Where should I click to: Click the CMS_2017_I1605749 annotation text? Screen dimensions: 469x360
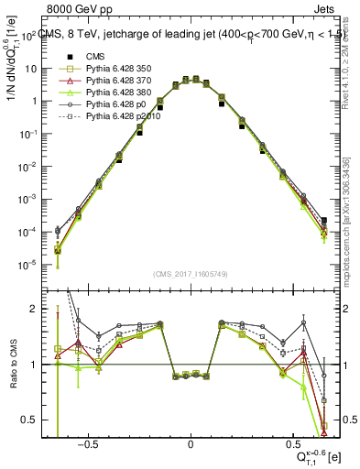(190, 274)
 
